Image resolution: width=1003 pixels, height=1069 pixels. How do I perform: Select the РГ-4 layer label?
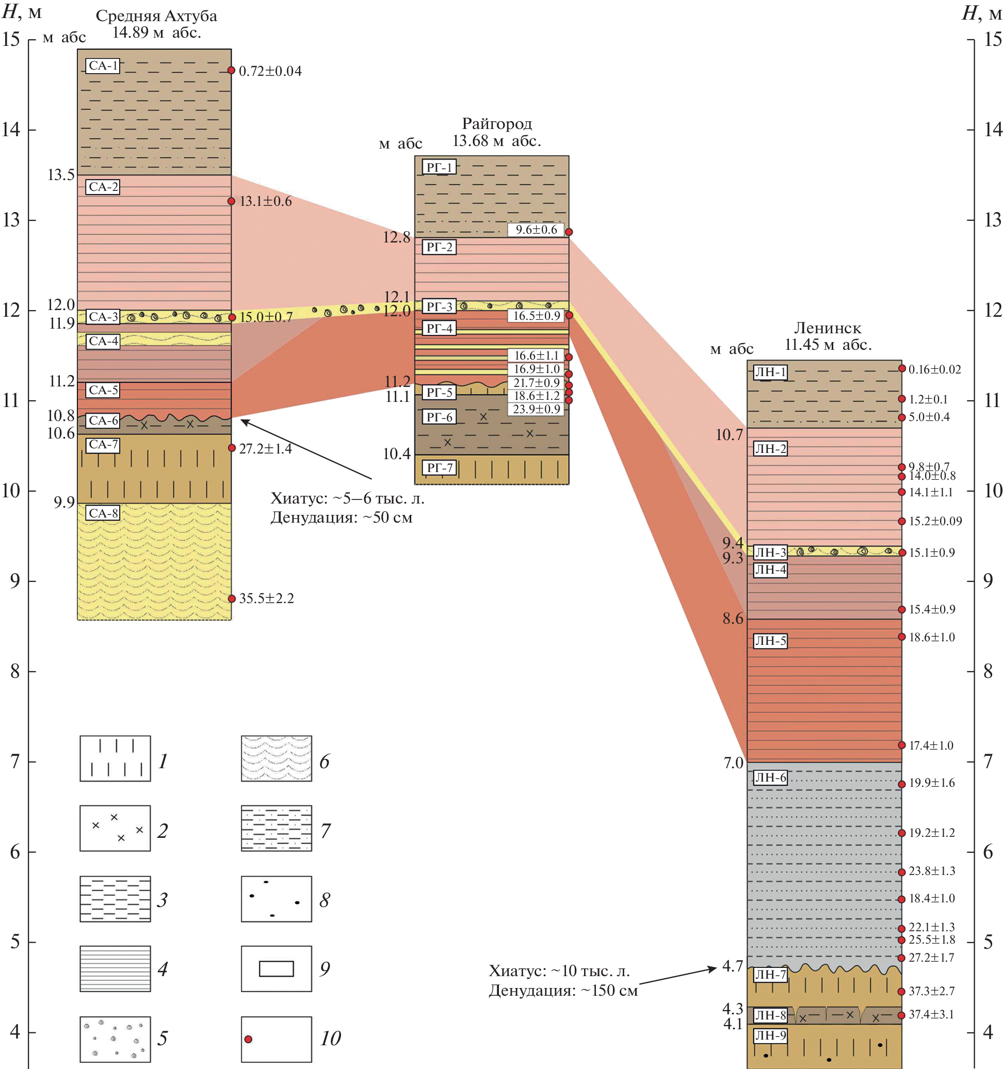[439, 328]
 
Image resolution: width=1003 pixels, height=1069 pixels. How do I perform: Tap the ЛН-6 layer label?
[770, 777]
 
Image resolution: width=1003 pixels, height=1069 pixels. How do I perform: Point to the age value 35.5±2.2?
[266, 598]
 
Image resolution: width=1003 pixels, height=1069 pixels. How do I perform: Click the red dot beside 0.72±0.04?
[231, 71]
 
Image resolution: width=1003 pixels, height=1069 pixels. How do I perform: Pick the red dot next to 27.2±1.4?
[232, 448]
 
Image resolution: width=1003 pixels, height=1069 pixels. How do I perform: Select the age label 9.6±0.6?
[536, 230]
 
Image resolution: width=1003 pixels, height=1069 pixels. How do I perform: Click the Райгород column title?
[497, 124]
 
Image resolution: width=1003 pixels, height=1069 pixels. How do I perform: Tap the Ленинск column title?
[827, 328]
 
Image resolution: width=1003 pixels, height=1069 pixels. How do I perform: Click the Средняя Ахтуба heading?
[156, 16]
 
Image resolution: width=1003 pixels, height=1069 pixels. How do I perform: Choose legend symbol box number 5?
[115, 1039]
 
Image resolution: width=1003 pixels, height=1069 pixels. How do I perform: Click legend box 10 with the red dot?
[276, 1039]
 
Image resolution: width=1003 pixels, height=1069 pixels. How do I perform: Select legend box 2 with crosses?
[115, 828]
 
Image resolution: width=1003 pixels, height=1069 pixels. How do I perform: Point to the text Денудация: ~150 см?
[562, 991]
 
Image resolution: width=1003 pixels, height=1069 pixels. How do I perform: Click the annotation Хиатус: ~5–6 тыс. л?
[347, 498]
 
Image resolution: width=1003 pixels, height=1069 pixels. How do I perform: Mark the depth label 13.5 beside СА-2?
[61, 175]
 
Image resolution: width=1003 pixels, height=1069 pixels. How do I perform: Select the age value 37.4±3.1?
[931, 1015]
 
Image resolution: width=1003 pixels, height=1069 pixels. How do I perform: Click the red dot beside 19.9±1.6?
[902, 784]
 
